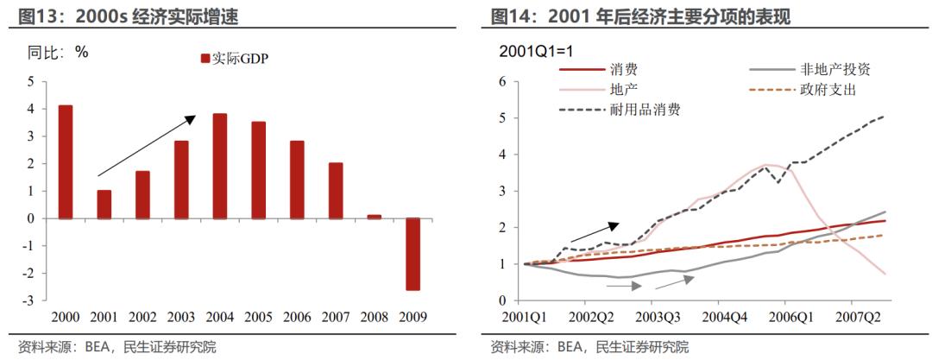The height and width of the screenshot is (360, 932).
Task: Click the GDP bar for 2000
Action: pos(66,161)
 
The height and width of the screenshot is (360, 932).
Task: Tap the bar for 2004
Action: pos(220,166)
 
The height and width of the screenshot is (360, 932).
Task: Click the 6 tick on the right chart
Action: pos(501,82)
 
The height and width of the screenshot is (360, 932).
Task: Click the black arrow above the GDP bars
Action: pos(146,146)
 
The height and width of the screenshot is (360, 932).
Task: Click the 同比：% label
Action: pos(59,52)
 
